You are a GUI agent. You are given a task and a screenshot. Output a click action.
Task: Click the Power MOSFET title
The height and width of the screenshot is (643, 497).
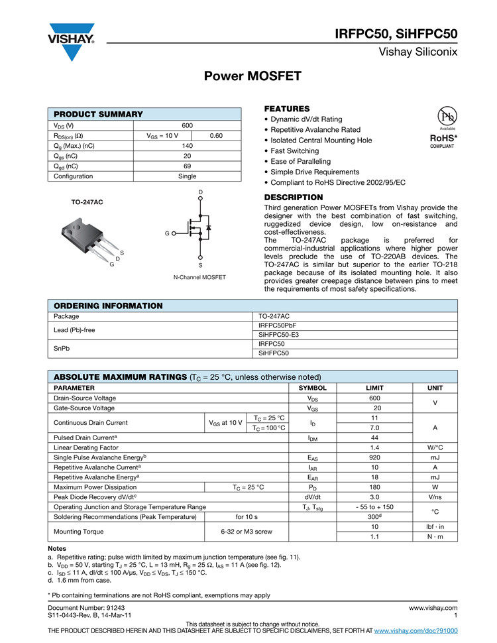[252, 76]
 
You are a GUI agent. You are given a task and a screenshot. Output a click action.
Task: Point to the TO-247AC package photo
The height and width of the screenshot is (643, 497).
[85, 236]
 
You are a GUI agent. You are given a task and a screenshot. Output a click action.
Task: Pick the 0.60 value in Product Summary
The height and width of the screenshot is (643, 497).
[216, 135]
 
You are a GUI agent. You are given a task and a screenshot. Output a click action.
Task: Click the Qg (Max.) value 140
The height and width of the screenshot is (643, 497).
[187, 146]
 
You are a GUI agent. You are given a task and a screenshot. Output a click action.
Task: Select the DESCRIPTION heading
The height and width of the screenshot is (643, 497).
[294, 198]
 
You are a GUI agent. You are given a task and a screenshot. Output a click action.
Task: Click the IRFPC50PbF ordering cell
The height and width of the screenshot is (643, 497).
[278, 325]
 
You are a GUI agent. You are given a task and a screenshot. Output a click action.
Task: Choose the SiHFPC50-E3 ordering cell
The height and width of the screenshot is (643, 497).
[278, 335]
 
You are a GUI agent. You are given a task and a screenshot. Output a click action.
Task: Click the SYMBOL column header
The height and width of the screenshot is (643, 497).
[313, 388]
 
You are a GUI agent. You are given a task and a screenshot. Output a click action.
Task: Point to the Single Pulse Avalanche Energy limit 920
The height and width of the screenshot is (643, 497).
[374, 457]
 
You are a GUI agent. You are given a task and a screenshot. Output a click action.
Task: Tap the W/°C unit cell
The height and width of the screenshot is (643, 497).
[435, 447]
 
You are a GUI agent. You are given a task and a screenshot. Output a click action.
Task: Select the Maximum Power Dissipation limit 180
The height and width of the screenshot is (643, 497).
[374, 487]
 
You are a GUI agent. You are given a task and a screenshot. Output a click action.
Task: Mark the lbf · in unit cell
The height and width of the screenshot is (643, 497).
[435, 526]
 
